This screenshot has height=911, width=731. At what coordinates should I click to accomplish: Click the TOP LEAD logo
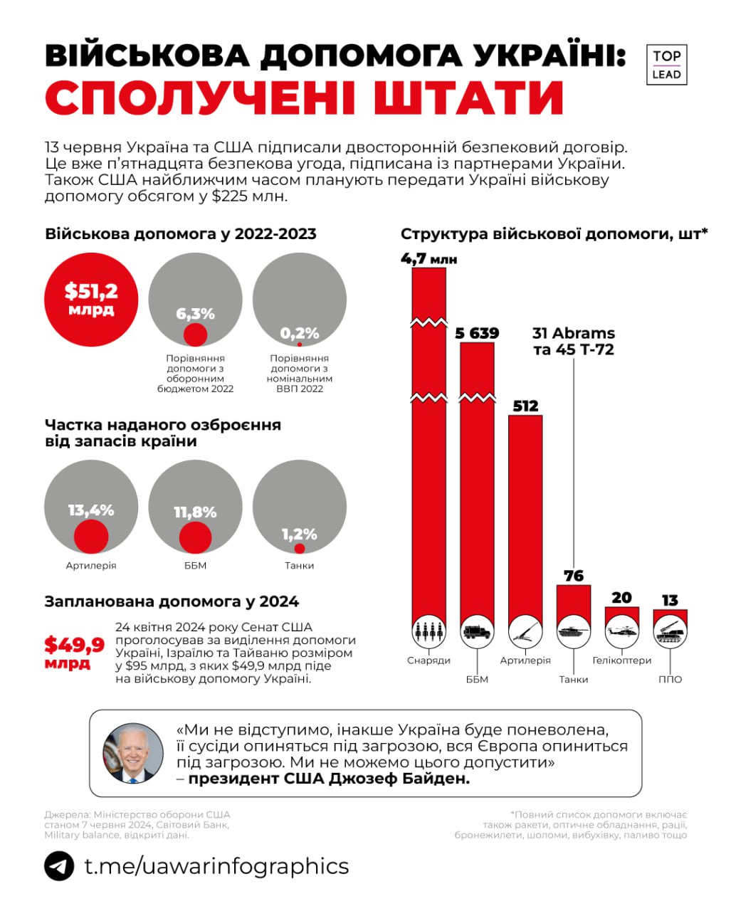pyautogui.click(x=667, y=65)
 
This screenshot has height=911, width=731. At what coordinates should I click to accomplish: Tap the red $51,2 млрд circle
pyautogui.click(x=91, y=300)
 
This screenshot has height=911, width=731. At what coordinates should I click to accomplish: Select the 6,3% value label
pyautogui.click(x=195, y=314)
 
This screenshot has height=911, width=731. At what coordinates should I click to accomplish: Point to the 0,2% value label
pyautogui.click(x=300, y=333)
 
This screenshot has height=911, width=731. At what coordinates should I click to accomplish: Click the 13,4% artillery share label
pyautogui.click(x=91, y=510)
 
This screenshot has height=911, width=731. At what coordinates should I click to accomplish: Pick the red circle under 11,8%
pyautogui.click(x=195, y=537)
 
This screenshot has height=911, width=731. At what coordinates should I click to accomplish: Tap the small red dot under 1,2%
pyautogui.click(x=300, y=549)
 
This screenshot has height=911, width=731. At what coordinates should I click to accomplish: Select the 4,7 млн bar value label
pyautogui.click(x=428, y=258)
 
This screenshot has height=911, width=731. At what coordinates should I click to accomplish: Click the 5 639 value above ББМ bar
pyautogui.click(x=477, y=333)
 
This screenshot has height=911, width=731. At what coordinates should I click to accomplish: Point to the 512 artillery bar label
pyautogui.click(x=525, y=406)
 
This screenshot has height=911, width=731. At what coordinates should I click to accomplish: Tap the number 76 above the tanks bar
pyautogui.click(x=574, y=576)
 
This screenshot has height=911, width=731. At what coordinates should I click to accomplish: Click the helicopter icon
pyautogui.click(x=621, y=631)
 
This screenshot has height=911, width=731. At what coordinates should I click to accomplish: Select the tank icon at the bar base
pyautogui.click(x=574, y=631)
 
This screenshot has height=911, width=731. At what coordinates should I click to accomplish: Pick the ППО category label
pyautogui.click(x=670, y=679)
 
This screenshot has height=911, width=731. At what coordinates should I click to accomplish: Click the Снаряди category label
pyautogui.click(x=428, y=660)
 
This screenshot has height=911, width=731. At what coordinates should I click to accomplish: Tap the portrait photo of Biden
pyautogui.click(x=133, y=754)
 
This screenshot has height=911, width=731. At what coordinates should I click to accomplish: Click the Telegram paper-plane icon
pyautogui.click(x=59, y=867)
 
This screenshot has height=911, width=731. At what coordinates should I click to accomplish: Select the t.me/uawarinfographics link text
pyautogui.click(x=216, y=866)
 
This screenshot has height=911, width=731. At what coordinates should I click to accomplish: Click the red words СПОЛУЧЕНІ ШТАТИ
pyautogui.click(x=305, y=99)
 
